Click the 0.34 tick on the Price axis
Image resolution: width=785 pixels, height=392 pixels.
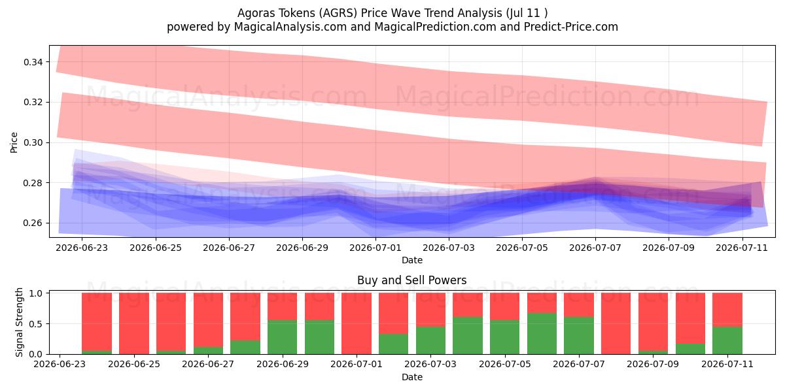pyautogui.click(x=33, y=62)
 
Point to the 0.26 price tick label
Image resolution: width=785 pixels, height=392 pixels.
pyautogui.click(x=33, y=223)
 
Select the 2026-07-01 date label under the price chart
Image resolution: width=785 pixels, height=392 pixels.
pyautogui.click(x=375, y=248)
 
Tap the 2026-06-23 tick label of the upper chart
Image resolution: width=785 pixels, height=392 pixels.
pyautogui.click(x=82, y=248)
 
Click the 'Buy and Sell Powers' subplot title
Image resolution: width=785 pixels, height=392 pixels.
pyautogui.click(x=411, y=280)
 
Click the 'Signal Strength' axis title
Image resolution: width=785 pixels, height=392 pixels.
pyautogui.click(x=19, y=322)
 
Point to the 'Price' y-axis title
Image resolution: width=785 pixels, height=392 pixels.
pyautogui.click(x=14, y=142)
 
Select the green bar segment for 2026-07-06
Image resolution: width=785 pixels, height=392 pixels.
pyautogui.click(x=542, y=334)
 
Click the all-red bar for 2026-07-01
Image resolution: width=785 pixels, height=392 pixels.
pyautogui.click(x=357, y=323)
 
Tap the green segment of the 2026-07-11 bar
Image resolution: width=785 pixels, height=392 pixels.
pyautogui.click(x=727, y=340)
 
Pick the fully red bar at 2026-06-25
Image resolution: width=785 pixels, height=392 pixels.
pyautogui.click(x=134, y=323)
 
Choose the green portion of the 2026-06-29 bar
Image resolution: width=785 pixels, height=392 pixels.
pyautogui.click(x=282, y=337)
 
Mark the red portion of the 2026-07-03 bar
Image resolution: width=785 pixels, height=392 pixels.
pyautogui.click(x=430, y=310)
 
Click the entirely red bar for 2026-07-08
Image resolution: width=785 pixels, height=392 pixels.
pyautogui.click(x=616, y=323)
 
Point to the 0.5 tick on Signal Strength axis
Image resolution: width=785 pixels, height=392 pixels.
pyautogui.click(x=36, y=324)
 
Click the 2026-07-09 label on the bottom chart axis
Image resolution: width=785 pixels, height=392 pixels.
pyautogui.click(x=653, y=364)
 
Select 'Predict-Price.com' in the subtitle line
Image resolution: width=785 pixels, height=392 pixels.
pyautogui.click(x=571, y=27)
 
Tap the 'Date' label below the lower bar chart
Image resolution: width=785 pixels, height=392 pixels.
pyautogui.click(x=411, y=378)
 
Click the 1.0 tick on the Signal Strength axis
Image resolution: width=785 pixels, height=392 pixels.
pyautogui.click(x=36, y=293)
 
